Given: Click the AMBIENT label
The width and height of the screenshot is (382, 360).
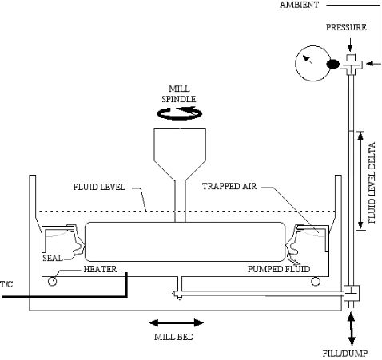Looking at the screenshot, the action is click(299, 5).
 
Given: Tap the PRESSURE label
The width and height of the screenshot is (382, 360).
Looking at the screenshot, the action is click(346, 27).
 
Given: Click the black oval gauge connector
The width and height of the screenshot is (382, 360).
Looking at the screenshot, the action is click(333, 64).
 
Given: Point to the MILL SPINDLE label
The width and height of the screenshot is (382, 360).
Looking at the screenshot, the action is click(179, 93).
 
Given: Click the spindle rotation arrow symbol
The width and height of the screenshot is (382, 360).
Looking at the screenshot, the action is click(179, 113).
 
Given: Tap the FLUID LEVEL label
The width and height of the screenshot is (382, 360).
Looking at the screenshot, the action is click(99, 187).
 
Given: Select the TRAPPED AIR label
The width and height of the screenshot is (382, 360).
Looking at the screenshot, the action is click(229, 186).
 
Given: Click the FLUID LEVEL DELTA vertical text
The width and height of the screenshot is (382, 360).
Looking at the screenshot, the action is click(372, 183).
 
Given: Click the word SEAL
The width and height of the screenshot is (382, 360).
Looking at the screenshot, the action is click(53, 258).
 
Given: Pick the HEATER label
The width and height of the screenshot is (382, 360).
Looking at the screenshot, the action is click(100, 269).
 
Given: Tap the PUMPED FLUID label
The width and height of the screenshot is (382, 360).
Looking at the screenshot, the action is click(279, 269).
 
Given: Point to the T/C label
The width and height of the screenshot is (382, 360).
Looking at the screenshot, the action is click(6, 284).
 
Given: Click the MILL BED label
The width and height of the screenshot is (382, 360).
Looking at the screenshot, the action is click(173, 337).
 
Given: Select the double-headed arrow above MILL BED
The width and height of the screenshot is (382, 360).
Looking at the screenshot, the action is click(177, 323).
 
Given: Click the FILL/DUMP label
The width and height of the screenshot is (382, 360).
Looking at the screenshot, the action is click(345, 354).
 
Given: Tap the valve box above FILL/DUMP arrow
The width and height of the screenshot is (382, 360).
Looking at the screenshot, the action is click(352, 293).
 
